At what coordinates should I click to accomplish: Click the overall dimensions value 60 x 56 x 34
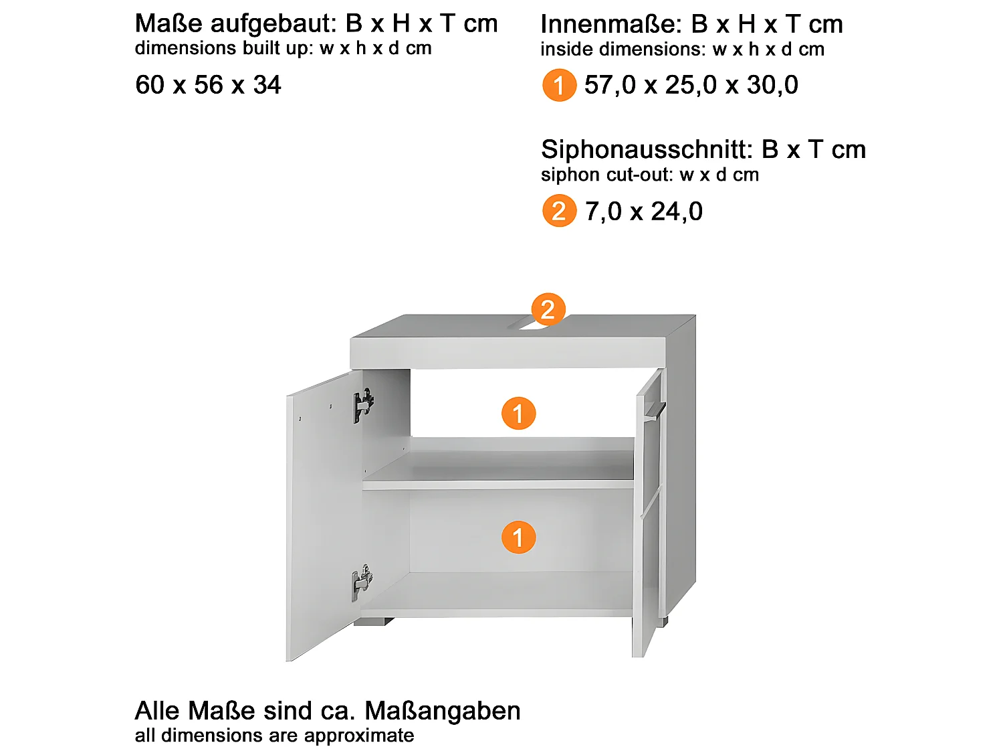click(208, 85)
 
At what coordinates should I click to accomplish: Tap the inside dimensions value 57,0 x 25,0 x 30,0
click(691, 85)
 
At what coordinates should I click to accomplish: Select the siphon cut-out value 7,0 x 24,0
click(643, 212)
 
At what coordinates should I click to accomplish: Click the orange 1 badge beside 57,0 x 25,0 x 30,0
click(559, 86)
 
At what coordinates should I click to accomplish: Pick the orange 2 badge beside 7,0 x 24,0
click(559, 212)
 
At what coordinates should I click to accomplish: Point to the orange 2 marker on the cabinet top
click(548, 309)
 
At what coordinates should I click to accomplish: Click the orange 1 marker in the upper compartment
click(518, 414)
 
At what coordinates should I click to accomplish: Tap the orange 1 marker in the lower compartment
click(518, 537)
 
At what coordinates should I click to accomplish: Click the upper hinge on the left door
click(363, 405)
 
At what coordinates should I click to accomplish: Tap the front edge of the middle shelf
click(497, 485)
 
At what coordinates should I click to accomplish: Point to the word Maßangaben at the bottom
click(443, 711)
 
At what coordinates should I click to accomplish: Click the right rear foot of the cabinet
click(663, 621)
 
